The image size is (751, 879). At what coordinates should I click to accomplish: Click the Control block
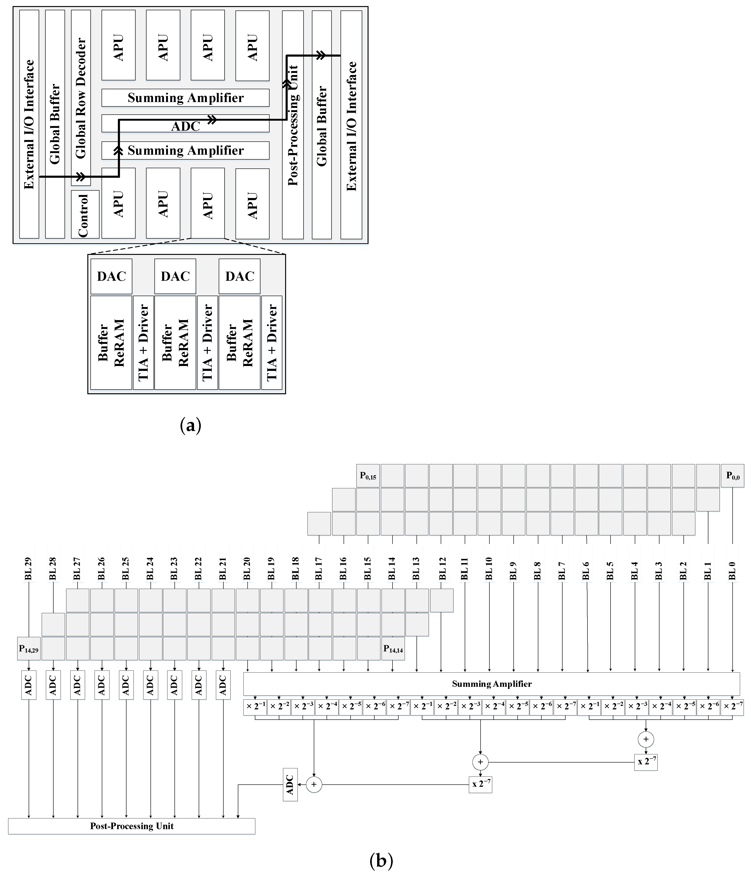pos(85,214)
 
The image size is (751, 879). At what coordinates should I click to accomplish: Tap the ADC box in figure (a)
pos(185,126)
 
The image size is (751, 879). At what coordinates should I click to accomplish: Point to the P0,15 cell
pos(368,475)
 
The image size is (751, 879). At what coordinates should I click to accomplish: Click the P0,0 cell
pos(732,475)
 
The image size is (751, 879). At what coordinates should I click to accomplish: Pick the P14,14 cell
pos(393,648)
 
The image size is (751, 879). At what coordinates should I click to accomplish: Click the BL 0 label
pos(732,568)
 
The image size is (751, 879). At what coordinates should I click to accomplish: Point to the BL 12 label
pos(442,568)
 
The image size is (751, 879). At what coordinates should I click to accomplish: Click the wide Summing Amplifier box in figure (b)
pos(492,684)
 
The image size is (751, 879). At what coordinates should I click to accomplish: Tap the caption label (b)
pos(381,861)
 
